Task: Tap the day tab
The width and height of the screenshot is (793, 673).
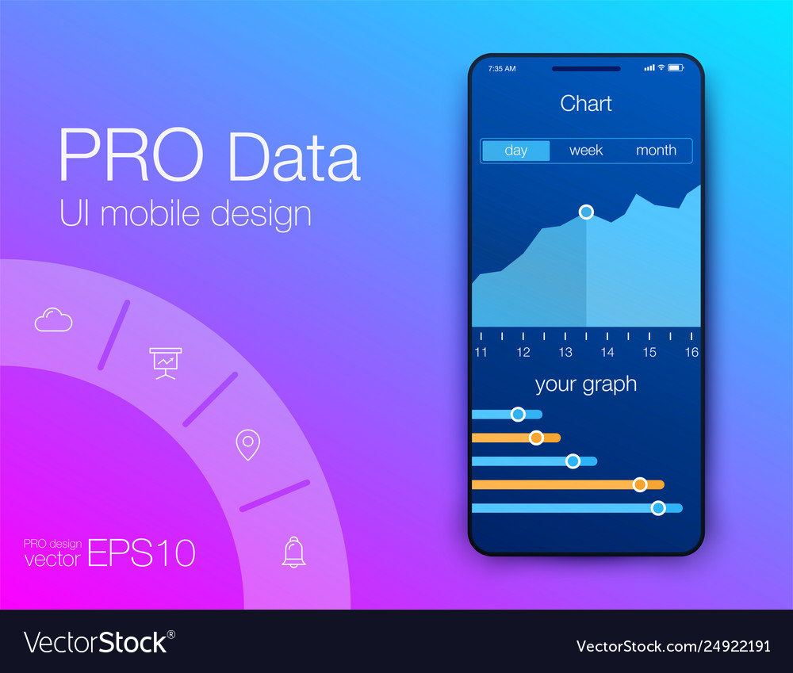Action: (x=515, y=151)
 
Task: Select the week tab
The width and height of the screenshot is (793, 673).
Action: (x=586, y=151)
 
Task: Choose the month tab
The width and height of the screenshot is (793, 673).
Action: (x=656, y=151)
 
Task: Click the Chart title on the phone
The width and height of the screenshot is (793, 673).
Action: (x=586, y=104)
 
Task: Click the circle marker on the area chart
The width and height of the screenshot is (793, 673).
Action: (x=586, y=212)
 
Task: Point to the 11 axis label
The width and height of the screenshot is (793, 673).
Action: (x=481, y=352)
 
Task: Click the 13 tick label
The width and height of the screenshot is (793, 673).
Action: (x=565, y=352)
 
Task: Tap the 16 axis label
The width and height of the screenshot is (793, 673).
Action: (x=691, y=352)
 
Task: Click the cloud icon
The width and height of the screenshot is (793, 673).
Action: (x=53, y=319)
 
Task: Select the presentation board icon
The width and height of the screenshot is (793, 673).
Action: (x=166, y=362)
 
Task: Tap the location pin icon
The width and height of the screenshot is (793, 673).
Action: (x=248, y=445)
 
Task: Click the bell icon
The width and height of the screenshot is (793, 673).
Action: (x=293, y=552)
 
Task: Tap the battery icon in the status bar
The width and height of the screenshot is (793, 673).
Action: (x=675, y=68)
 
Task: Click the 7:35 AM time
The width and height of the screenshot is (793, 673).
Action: (x=501, y=69)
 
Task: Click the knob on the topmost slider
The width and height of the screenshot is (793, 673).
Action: (x=518, y=414)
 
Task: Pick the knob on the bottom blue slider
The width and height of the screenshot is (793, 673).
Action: (x=657, y=508)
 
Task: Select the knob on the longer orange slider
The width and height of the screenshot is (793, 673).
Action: (x=639, y=484)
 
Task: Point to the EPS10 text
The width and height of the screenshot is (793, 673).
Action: (x=141, y=553)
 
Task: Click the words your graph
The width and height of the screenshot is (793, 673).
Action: (x=586, y=384)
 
